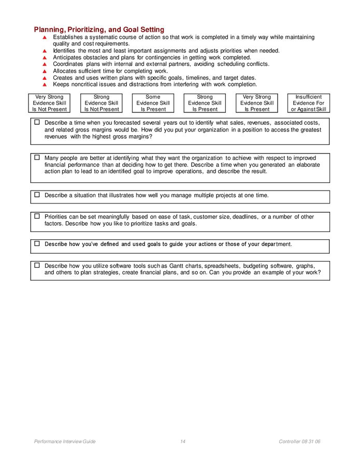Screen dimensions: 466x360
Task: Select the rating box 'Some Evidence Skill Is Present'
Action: click(x=153, y=103)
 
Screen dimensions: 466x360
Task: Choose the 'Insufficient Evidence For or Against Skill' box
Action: click(x=308, y=103)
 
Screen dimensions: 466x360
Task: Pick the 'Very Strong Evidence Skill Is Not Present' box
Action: click(x=49, y=103)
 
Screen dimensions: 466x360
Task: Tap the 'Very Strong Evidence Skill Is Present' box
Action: click(x=256, y=103)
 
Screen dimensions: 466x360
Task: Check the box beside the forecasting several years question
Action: click(x=37, y=122)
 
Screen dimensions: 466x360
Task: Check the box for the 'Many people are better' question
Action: click(x=37, y=157)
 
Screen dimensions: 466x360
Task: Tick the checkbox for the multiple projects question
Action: click(x=37, y=195)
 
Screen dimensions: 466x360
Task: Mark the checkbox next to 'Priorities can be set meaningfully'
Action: click(x=37, y=216)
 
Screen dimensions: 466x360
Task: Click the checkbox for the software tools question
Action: click(x=37, y=265)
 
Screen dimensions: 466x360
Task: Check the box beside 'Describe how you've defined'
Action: click(x=37, y=243)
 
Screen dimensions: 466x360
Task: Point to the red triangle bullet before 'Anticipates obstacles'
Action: click(x=45, y=58)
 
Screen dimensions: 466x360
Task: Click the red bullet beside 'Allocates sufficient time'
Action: click(x=45, y=71)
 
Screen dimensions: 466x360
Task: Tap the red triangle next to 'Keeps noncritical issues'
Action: click(x=45, y=85)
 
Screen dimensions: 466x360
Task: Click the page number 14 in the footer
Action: click(x=183, y=442)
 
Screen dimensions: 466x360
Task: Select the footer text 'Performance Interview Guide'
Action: click(x=65, y=442)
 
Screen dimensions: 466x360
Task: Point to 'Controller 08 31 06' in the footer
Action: click(x=299, y=442)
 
